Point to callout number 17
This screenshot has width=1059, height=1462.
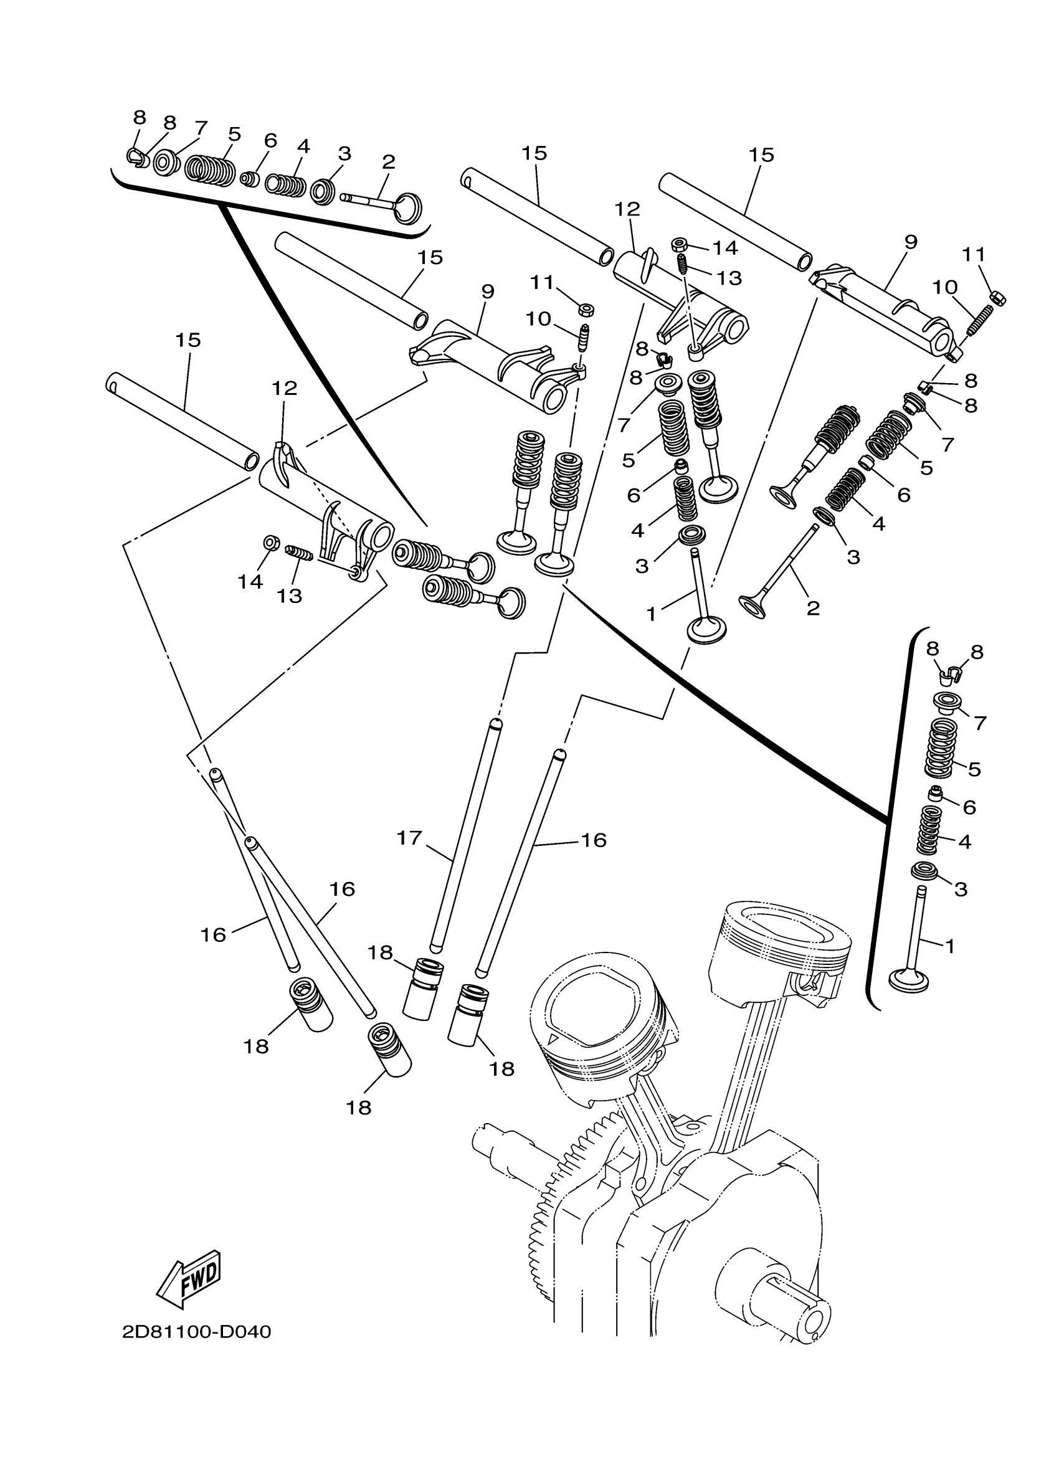409,838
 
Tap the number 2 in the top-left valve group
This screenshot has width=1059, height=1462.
388,161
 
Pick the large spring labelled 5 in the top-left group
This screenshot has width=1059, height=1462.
210,170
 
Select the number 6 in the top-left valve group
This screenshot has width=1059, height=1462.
270,141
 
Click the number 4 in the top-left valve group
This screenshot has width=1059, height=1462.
303,146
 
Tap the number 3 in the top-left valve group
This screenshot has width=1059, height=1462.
344,153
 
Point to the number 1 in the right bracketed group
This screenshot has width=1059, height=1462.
949,946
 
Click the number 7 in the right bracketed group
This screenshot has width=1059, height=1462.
980,723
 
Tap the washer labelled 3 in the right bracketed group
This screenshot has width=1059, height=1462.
925,872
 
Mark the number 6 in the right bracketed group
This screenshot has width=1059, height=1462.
969,807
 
